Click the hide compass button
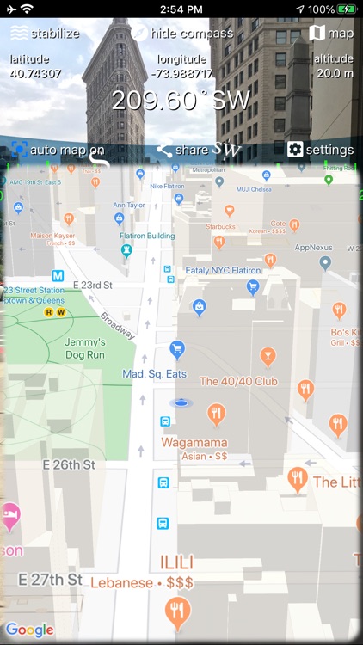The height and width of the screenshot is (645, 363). click(182, 34)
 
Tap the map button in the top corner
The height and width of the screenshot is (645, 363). click(331, 34)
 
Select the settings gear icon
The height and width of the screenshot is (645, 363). click(295, 150)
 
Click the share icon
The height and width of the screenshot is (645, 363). click(164, 150)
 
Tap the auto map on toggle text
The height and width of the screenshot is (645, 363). click(67, 150)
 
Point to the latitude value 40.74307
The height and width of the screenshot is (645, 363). click(35, 73)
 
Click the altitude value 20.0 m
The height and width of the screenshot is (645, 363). click(335, 73)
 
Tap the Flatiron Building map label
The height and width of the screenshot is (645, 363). click(147, 236)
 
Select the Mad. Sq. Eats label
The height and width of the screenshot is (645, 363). click(154, 374)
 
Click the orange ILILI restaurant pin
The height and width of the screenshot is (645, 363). click(178, 611)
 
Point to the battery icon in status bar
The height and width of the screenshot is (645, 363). click(347, 9)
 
